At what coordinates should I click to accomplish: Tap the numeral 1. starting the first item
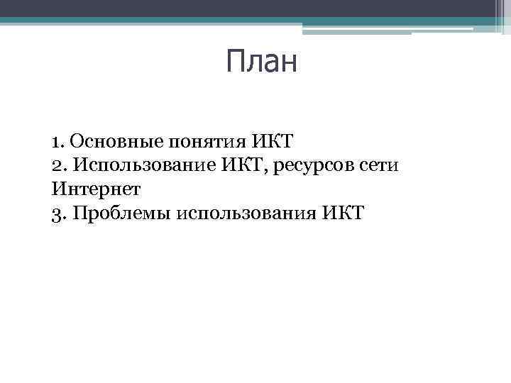(x=57, y=141)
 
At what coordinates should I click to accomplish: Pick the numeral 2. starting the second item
(x=58, y=166)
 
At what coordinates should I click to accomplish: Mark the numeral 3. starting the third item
(x=58, y=213)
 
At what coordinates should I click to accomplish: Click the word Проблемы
(x=114, y=213)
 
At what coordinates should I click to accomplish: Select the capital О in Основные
(x=77, y=141)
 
